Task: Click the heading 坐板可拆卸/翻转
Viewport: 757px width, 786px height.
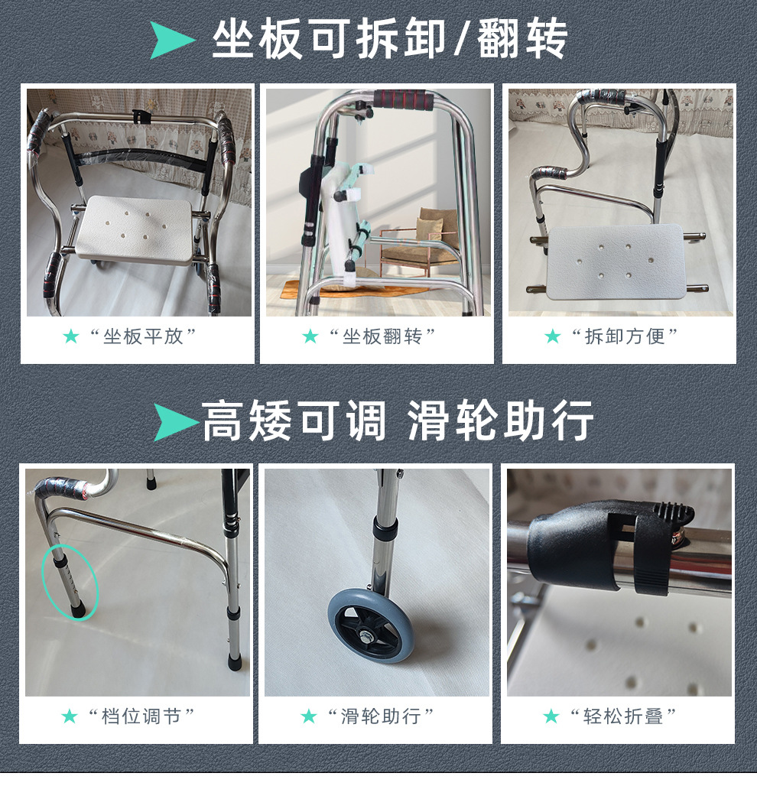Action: pos(389,39)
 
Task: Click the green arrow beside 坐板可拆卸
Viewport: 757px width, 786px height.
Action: pos(172,40)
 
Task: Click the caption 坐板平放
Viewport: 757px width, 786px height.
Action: pos(143,336)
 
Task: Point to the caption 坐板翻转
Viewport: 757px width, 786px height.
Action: pos(382,336)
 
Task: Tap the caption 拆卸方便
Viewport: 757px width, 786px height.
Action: pos(625,336)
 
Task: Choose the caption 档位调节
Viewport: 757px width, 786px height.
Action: pos(141,716)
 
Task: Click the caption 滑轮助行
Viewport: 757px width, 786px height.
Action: pos(381,716)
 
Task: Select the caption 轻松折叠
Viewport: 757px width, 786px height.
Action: pos(623,716)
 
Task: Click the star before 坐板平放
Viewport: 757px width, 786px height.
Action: pos(71,336)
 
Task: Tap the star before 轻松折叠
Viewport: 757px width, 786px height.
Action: pos(551,716)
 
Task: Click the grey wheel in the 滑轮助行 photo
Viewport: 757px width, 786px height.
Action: pos(371,625)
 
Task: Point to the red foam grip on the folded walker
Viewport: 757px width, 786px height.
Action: pos(400,99)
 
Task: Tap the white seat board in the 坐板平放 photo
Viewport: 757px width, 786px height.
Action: pos(134,230)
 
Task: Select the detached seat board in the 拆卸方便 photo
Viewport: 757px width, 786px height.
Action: pos(617,261)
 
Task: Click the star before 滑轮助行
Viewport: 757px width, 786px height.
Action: pos(309,716)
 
